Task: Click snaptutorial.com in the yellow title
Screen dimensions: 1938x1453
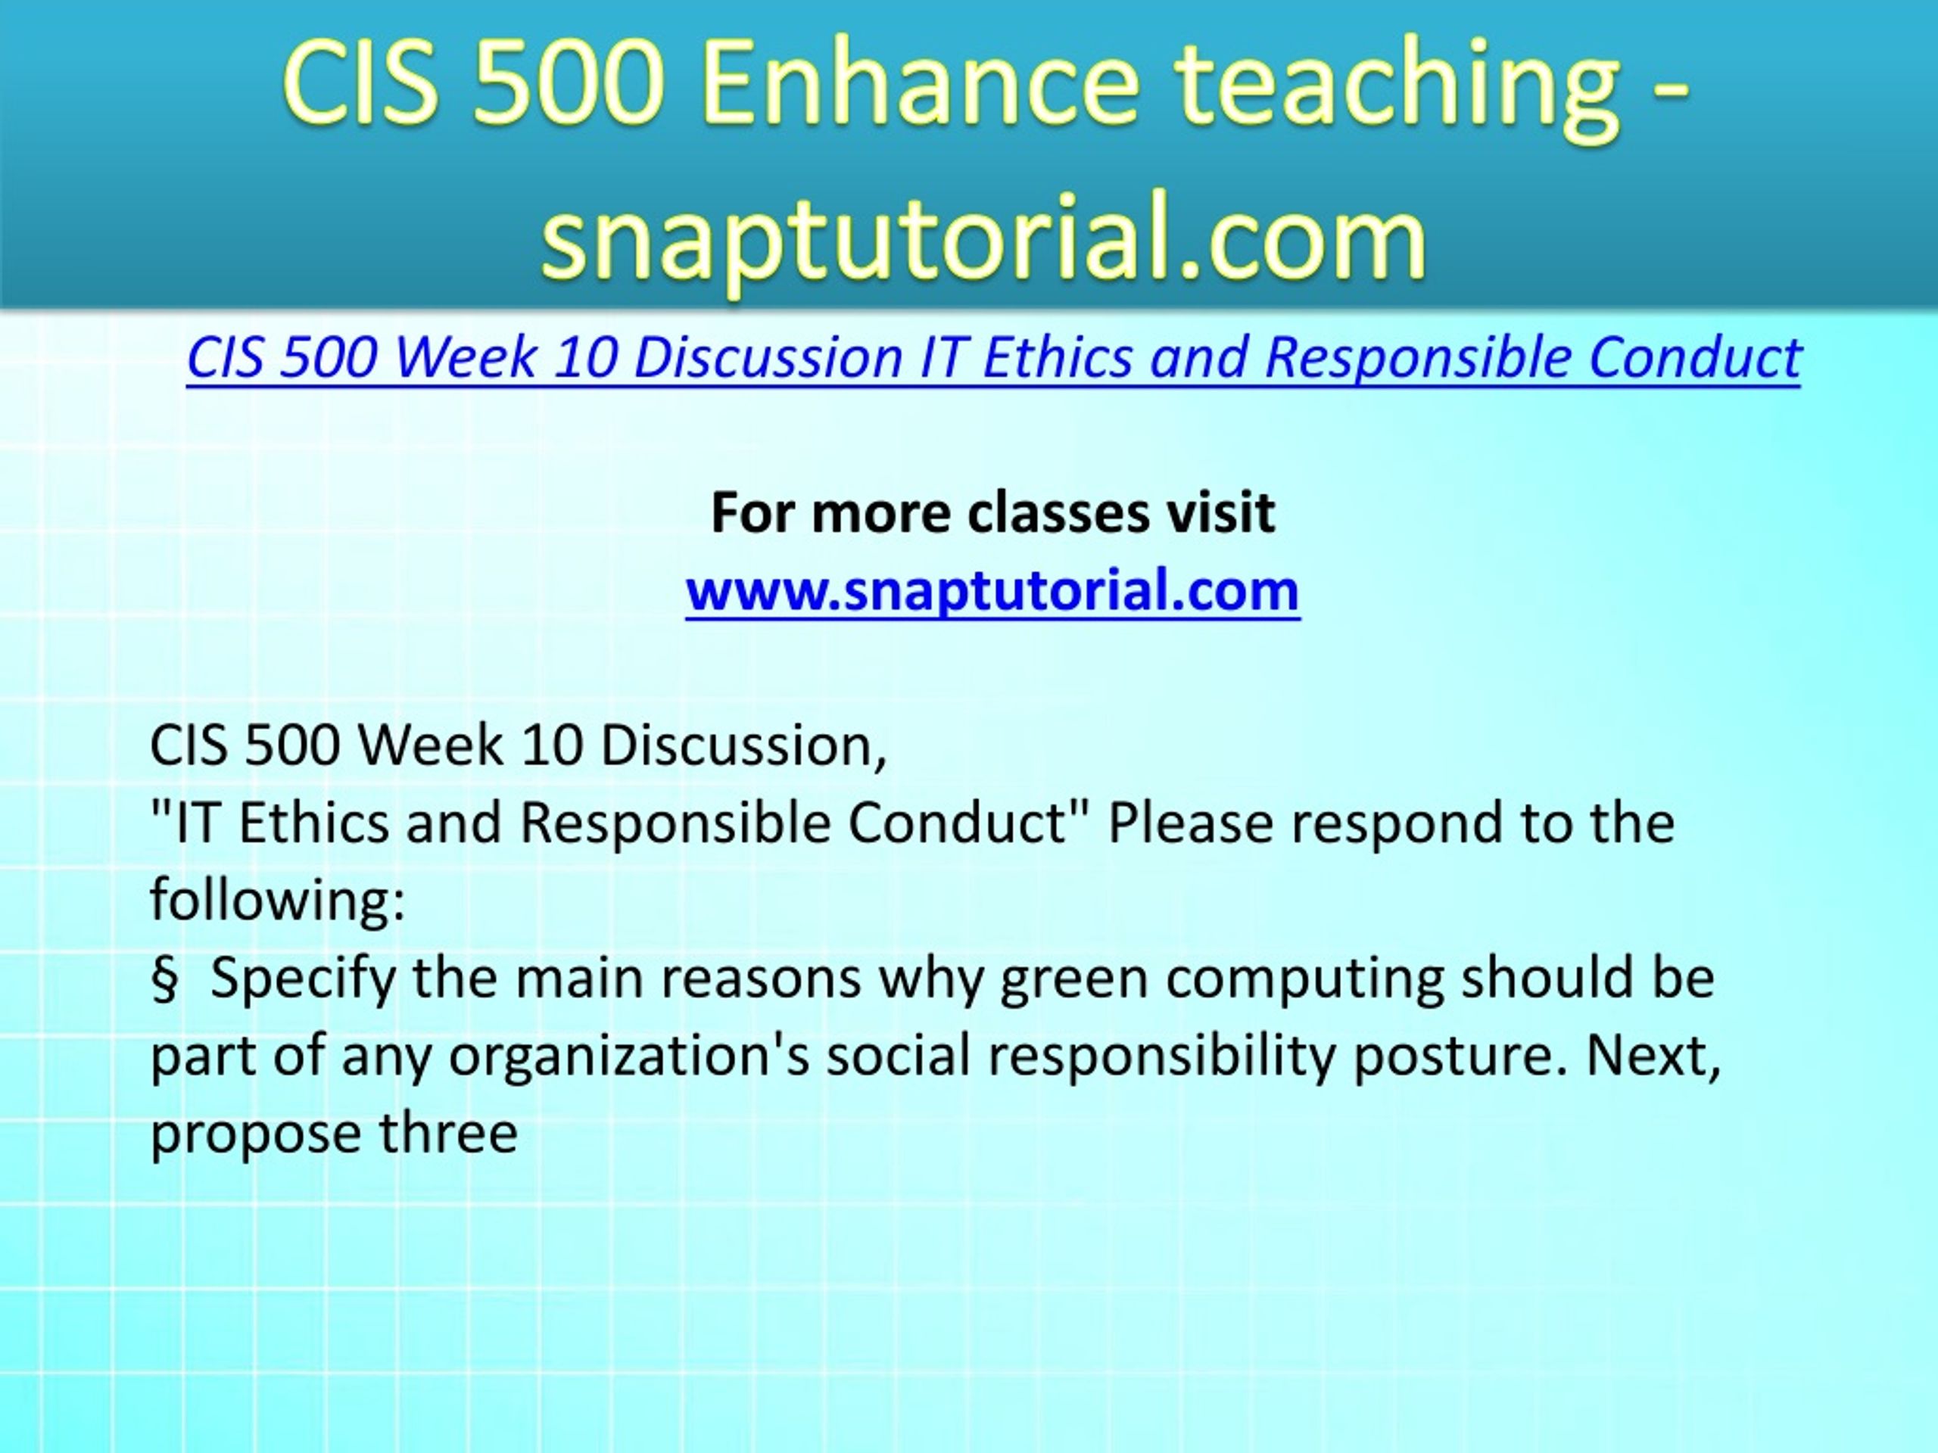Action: coord(984,235)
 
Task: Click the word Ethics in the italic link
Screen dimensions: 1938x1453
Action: coord(1058,357)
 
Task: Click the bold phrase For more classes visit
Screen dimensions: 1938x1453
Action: coord(992,512)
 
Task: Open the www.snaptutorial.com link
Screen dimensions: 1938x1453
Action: coord(992,590)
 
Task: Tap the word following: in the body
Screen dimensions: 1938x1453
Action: coord(278,901)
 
